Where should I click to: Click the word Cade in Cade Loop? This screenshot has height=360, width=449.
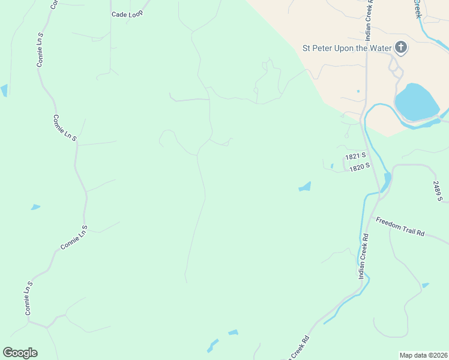click(x=119, y=14)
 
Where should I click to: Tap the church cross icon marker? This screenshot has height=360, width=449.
click(x=401, y=48)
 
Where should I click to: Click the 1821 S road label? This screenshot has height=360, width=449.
click(x=355, y=156)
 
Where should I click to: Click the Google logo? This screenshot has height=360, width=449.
click(x=20, y=353)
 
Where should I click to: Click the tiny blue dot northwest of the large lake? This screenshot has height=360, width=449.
click(x=358, y=91)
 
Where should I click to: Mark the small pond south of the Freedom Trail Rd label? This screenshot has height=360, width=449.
click(x=426, y=285)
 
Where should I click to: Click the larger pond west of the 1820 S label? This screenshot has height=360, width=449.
click(x=305, y=187)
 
